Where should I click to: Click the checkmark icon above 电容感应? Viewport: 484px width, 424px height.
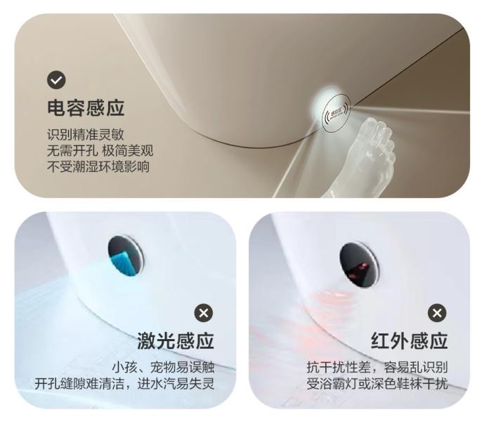click(x=56, y=80)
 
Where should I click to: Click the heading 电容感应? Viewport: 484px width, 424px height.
click(x=86, y=108)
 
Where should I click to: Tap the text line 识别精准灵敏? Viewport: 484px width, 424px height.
click(x=86, y=135)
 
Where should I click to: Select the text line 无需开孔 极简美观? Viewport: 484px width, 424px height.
click(x=100, y=151)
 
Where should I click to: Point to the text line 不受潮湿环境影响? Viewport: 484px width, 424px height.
click(x=98, y=167)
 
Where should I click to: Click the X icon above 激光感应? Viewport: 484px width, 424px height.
click(x=204, y=313)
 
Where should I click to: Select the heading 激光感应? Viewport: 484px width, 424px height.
click(x=176, y=341)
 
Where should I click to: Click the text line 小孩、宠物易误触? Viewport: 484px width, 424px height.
click(x=163, y=367)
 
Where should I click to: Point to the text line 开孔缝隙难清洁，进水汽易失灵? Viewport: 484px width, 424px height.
click(x=124, y=384)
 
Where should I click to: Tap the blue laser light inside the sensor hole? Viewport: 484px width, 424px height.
click(x=124, y=263)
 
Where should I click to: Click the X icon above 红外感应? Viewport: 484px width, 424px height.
click(x=437, y=313)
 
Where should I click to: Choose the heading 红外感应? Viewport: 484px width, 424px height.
click(x=410, y=341)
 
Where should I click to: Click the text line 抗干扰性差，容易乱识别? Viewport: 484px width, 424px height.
click(x=377, y=367)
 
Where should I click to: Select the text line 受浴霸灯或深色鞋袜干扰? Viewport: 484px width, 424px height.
click(x=377, y=384)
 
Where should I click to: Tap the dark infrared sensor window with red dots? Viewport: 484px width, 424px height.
click(x=359, y=265)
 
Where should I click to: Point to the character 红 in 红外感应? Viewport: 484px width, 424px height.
click(x=380, y=341)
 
